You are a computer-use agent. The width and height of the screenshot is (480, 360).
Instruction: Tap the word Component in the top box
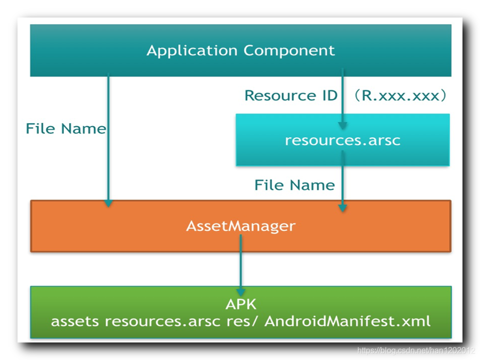(x=289, y=51)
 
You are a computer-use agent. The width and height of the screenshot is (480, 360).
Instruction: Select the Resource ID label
(x=291, y=95)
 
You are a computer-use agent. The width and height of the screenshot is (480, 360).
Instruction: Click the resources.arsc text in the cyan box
(x=343, y=140)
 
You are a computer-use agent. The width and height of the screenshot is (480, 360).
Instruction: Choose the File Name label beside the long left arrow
(x=66, y=129)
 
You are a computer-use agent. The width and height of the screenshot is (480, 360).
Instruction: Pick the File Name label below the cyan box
(x=294, y=185)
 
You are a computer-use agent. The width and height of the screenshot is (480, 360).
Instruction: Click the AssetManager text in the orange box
(x=241, y=226)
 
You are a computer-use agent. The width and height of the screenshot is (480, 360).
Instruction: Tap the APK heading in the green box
(x=241, y=305)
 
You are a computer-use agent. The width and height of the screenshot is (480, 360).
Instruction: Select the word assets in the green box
(x=75, y=320)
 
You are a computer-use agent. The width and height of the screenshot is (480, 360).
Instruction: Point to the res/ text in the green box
(x=242, y=320)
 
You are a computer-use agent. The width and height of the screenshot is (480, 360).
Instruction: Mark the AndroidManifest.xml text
(x=347, y=320)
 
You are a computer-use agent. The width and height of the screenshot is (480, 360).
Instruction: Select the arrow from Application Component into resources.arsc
(x=342, y=98)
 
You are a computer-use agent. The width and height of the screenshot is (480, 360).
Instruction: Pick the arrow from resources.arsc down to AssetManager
(x=342, y=180)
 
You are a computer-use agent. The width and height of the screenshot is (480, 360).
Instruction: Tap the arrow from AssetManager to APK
(x=241, y=263)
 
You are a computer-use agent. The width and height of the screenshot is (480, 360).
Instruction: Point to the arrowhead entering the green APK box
(x=241, y=291)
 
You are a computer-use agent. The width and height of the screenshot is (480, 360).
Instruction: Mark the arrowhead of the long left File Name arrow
(x=108, y=203)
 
